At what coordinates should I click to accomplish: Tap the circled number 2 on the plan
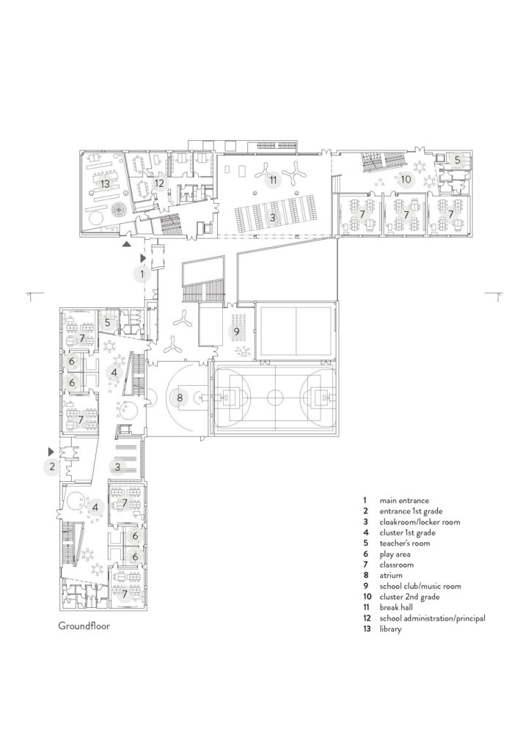pos(52,466)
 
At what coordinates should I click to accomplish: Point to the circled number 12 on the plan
pos(160,183)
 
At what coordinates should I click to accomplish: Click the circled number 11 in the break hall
pos(272,179)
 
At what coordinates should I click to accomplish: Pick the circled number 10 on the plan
pos(406,178)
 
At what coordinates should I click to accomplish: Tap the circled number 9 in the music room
pos(237,331)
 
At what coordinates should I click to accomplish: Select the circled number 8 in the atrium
pos(179,398)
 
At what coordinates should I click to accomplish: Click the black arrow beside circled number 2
pos(50,450)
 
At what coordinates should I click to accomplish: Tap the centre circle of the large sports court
pos(274,398)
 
